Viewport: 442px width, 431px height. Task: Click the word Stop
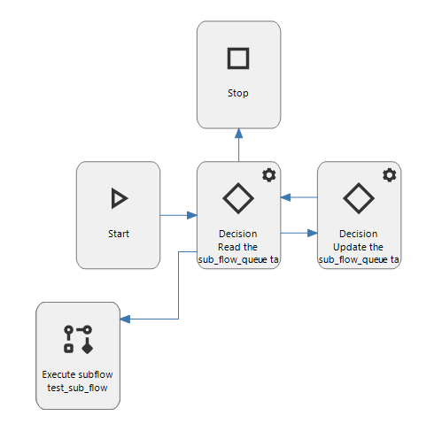(238, 94)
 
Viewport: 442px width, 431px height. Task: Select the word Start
(119, 234)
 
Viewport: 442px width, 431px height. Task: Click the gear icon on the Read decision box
(269, 175)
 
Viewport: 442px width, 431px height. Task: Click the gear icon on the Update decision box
(390, 175)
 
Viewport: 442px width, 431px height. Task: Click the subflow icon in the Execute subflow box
(78, 339)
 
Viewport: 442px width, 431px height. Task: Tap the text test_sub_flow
(77, 388)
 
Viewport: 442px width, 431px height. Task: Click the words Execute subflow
(77, 374)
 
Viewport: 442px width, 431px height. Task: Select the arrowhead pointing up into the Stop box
(239, 134)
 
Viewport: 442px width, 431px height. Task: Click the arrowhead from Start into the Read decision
(192, 215)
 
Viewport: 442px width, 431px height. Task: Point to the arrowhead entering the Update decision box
(313, 233)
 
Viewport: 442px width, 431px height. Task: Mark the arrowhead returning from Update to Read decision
(285, 197)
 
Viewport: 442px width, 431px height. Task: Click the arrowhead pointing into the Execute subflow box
(125, 319)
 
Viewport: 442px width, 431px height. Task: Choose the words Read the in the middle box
(237, 247)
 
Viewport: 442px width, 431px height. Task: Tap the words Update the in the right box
(358, 247)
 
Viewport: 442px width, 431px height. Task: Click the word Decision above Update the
(359, 234)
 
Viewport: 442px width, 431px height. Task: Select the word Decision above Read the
(238, 234)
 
